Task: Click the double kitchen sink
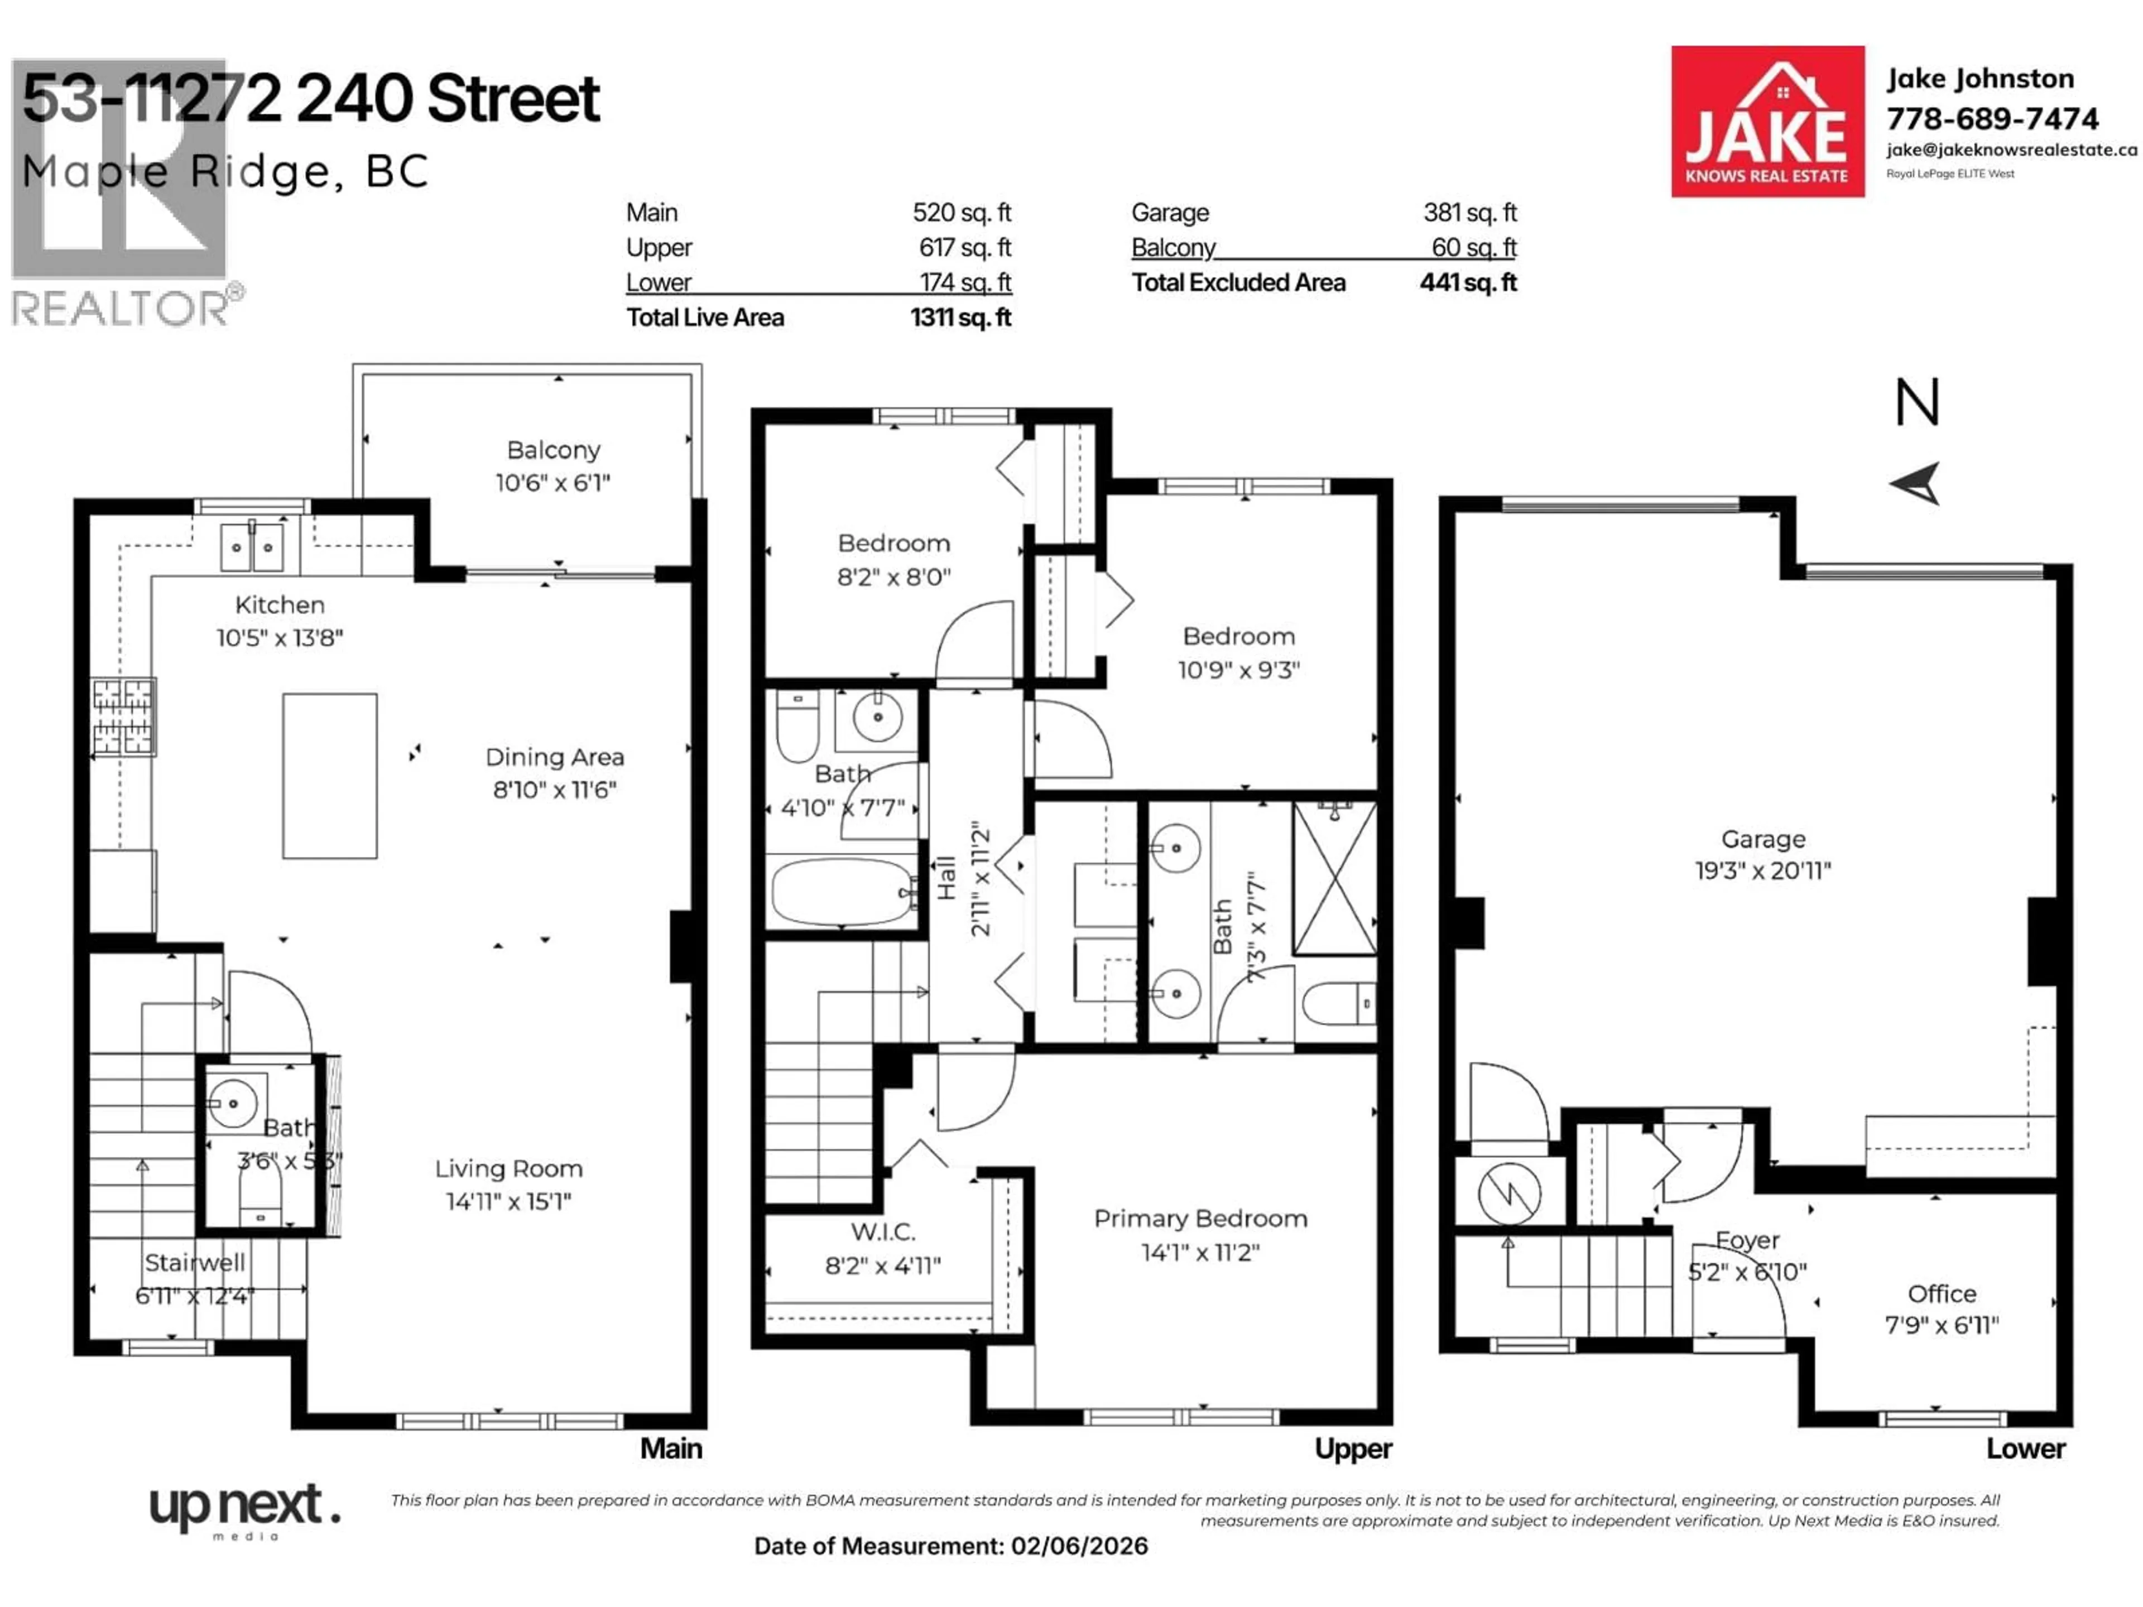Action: click(252, 547)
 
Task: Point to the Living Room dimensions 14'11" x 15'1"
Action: click(508, 1202)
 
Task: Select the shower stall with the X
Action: click(1335, 879)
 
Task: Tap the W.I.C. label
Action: click(882, 1232)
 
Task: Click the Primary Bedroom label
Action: click(1200, 1219)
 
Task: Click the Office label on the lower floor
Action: click(1942, 1294)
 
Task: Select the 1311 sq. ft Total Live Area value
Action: click(960, 317)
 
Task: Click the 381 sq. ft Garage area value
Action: click(1469, 212)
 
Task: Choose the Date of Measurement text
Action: click(950, 1546)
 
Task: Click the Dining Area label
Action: click(554, 758)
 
